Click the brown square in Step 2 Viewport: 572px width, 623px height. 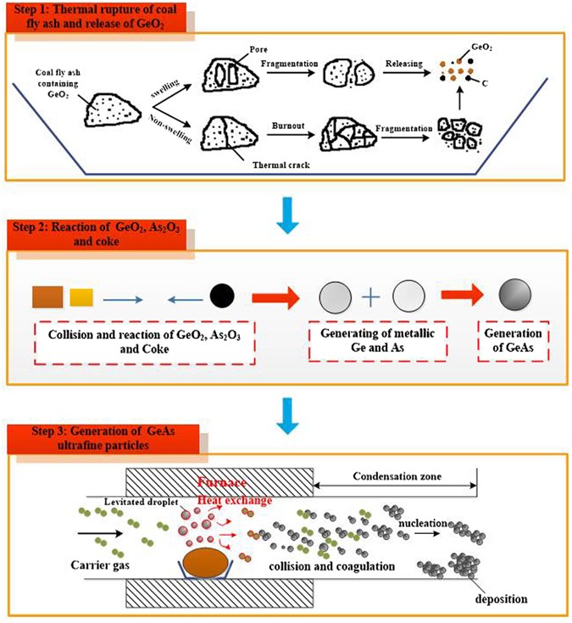(47, 297)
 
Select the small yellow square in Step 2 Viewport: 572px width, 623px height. (81, 298)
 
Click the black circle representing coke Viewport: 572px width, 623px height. (222, 298)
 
